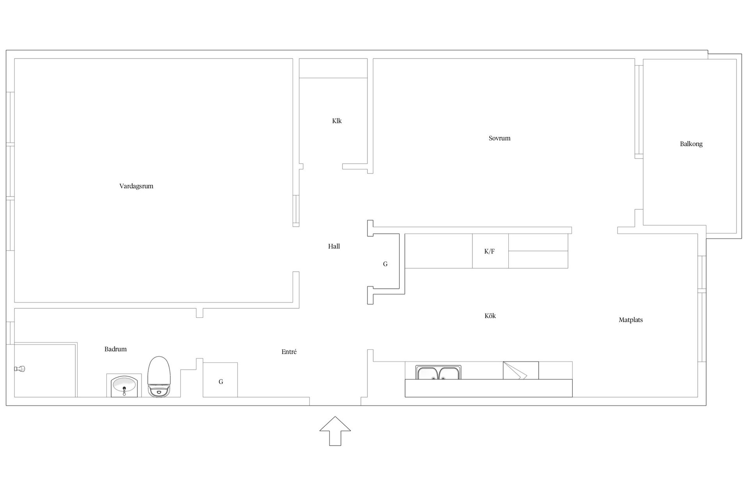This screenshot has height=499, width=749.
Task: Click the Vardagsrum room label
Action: tap(136, 186)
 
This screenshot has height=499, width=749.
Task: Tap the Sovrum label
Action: tap(499, 138)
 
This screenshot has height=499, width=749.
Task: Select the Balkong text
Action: tap(691, 144)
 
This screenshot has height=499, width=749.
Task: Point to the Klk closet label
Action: tap(337, 121)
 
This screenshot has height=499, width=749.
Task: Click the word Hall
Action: tap(334, 246)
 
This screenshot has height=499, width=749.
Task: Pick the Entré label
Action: tap(289, 352)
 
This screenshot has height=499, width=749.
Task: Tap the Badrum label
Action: tap(115, 349)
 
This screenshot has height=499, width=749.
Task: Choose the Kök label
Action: tap(490, 316)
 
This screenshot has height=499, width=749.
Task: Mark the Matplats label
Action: tap(631, 320)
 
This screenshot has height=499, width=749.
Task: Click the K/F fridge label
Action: tap(489, 251)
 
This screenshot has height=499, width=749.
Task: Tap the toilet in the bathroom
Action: tap(159, 377)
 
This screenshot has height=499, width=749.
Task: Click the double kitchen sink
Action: tap(438, 372)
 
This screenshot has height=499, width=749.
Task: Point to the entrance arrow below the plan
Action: tap(335, 431)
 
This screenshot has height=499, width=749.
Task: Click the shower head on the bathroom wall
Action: tap(20, 368)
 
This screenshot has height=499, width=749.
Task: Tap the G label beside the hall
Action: tap(385, 264)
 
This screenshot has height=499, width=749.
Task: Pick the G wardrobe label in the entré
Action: tap(221, 382)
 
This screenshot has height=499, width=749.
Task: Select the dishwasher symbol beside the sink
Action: tap(521, 370)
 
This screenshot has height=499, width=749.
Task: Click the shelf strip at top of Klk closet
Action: tap(333, 68)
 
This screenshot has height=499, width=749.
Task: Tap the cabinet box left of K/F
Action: tap(438, 251)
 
